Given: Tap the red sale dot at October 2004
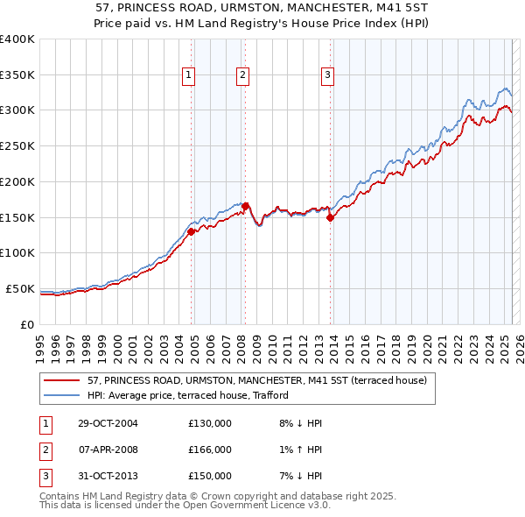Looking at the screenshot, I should pyautogui.click(x=191, y=232).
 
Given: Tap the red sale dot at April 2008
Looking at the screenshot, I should pyautogui.click(x=245, y=206).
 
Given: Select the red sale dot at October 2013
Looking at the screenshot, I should pyautogui.click(x=331, y=218).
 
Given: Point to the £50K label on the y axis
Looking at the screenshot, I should pyautogui.click(x=21, y=288).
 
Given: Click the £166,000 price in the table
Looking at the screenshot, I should pyautogui.click(x=210, y=450).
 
